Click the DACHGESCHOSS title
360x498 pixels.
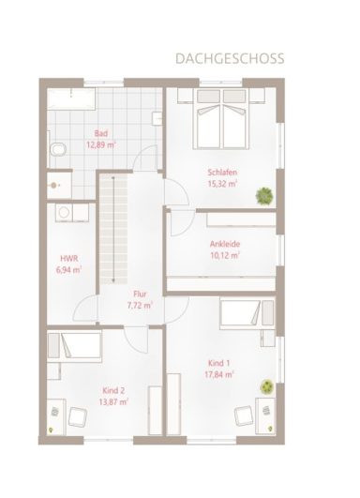[x=229, y=58]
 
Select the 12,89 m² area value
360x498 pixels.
[x=101, y=145]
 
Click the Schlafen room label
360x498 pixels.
[x=222, y=173]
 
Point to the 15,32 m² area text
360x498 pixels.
[x=222, y=184]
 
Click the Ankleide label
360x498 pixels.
[x=224, y=243]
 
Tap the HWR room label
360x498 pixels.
[x=67, y=257]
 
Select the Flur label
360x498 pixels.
[x=140, y=294]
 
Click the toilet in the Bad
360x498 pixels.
[x=58, y=149]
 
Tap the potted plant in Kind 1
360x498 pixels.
[x=267, y=385]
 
